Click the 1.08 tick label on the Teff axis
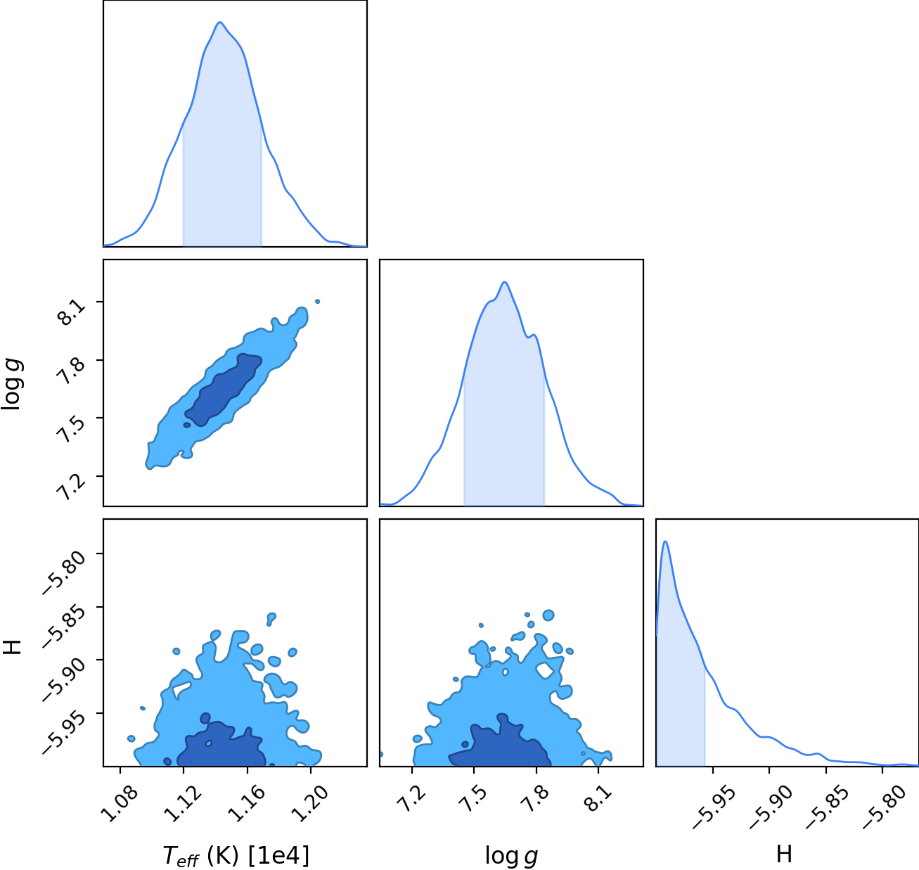point(120,804)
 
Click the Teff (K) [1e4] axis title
point(236,856)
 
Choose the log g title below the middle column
point(511,856)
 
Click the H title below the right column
point(784,854)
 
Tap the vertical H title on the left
point(12,647)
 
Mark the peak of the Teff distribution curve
point(219,22)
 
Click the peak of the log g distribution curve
point(504,282)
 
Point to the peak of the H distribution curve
point(664,542)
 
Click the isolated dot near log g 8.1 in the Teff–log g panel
point(317,301)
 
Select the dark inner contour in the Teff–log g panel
point(223,390)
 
